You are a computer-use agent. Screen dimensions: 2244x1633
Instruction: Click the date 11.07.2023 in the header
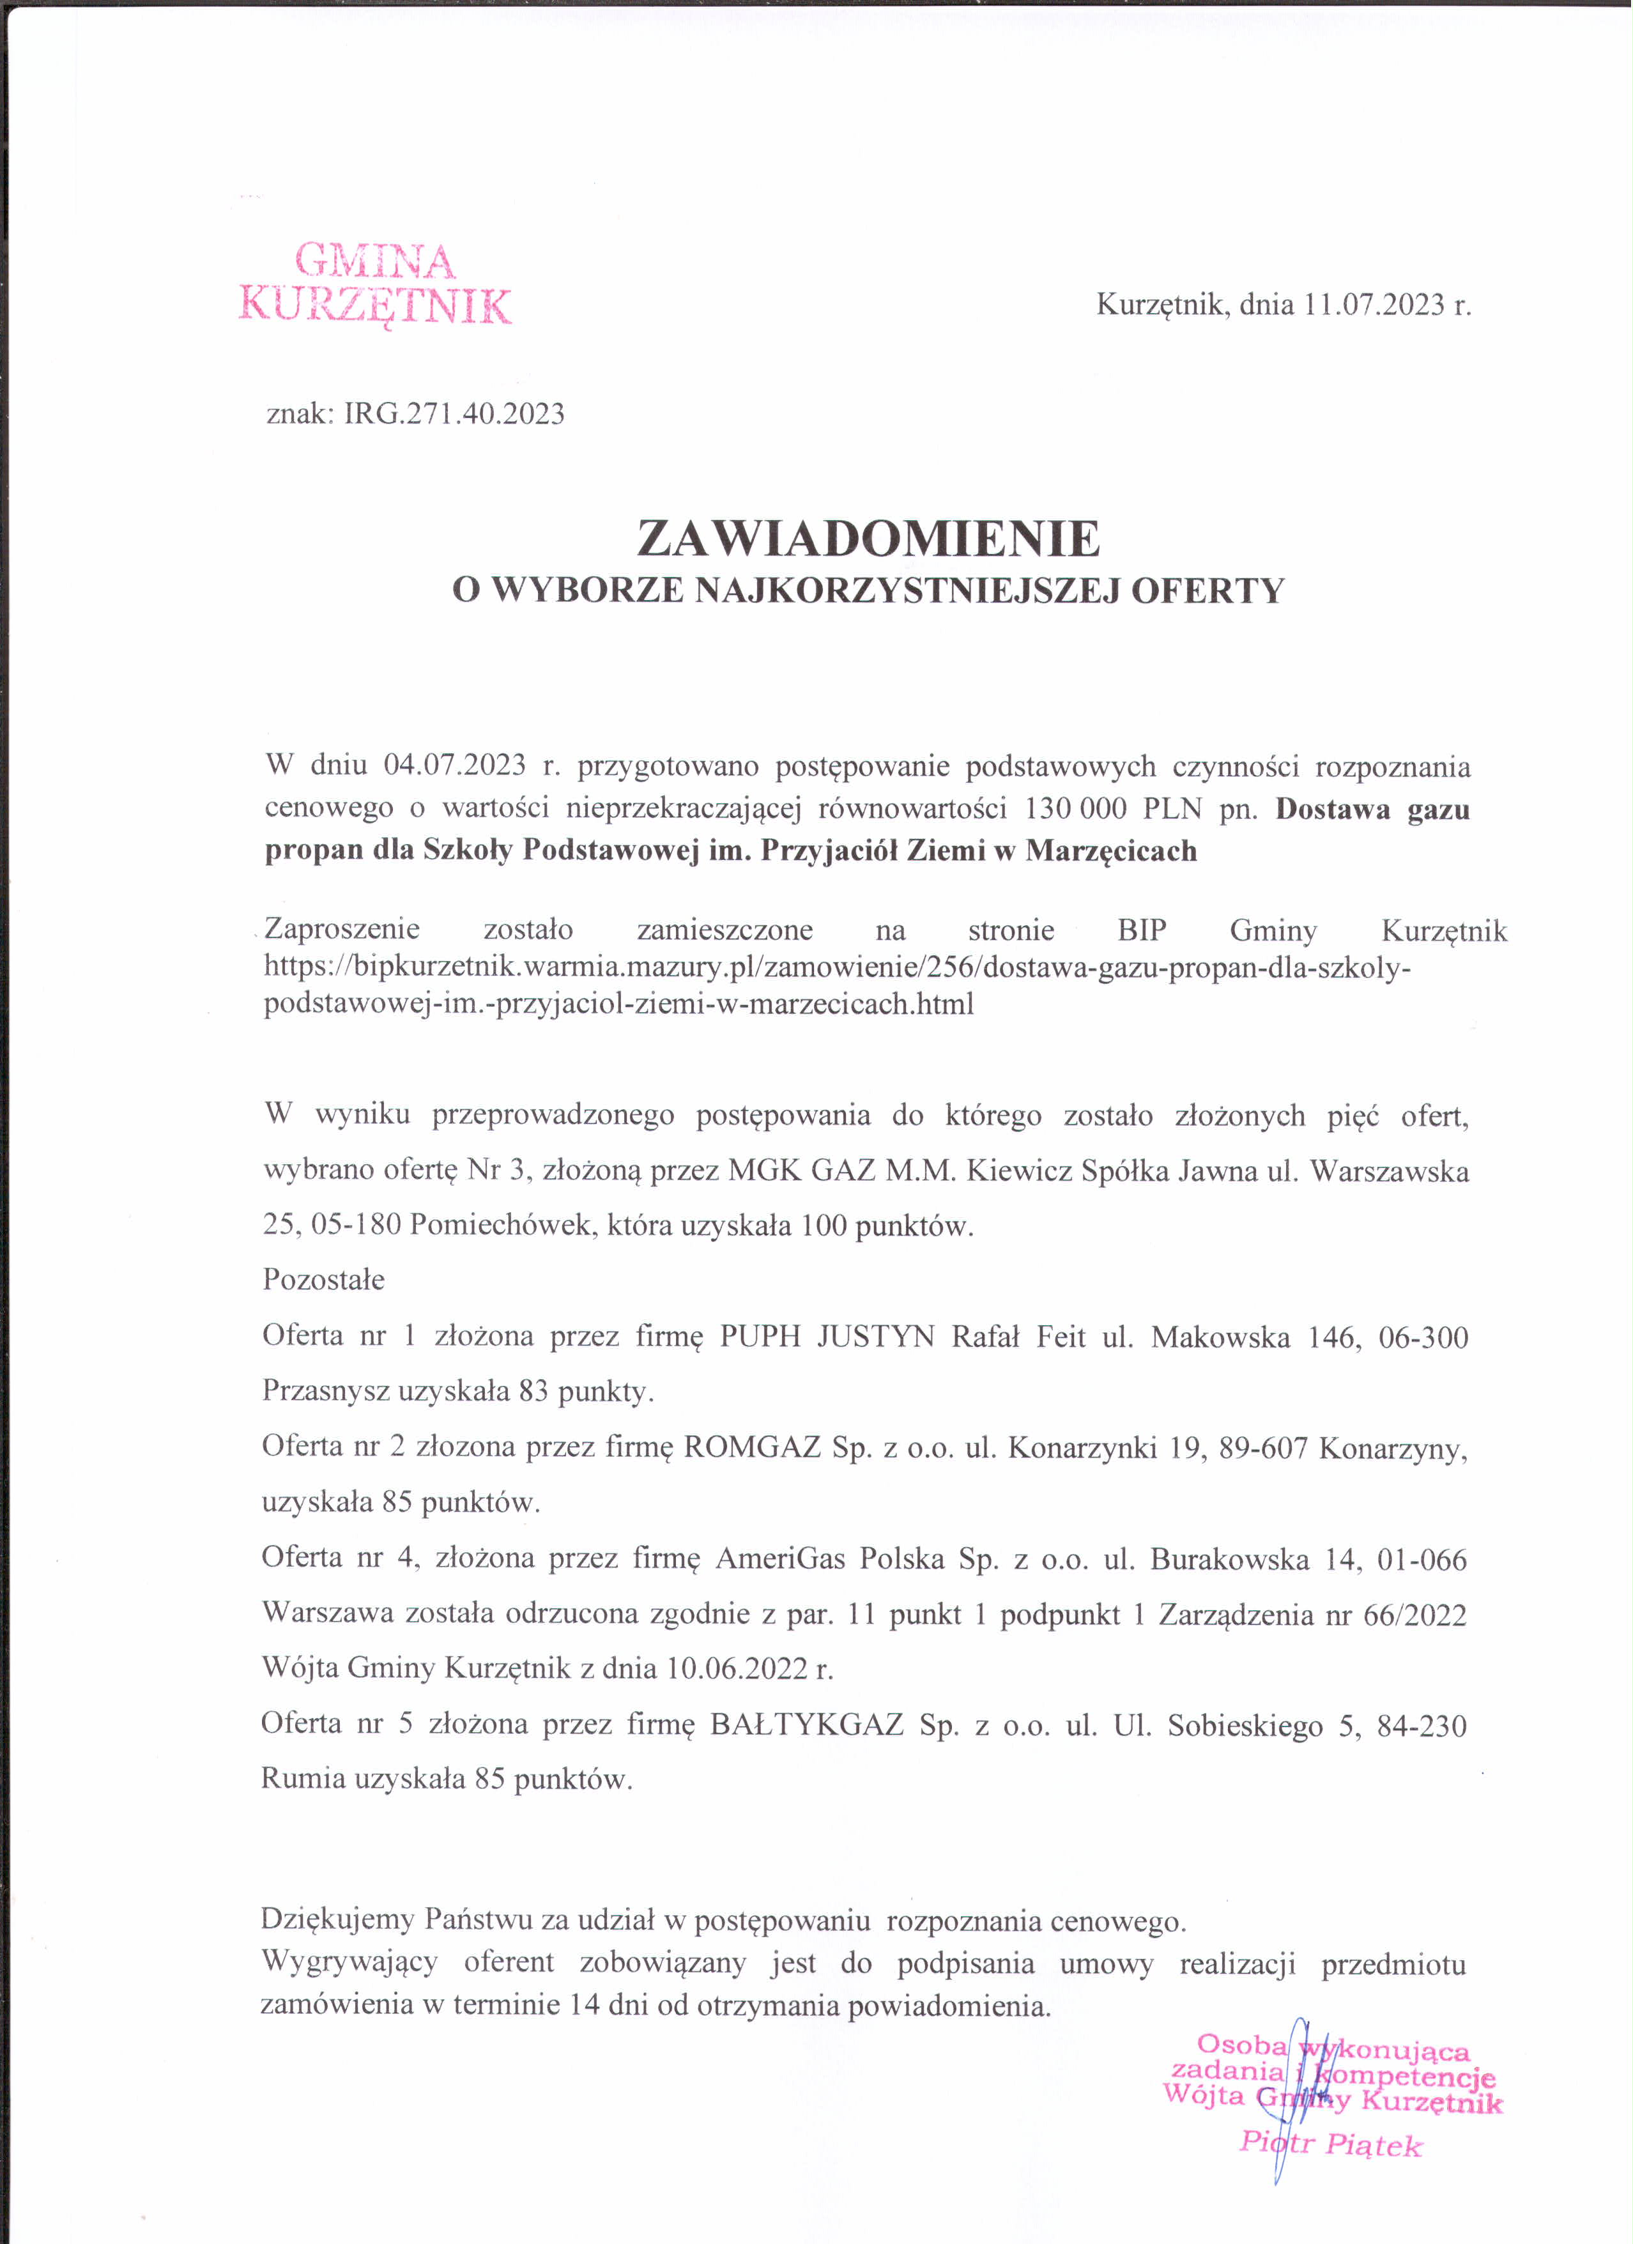click(1374, 305)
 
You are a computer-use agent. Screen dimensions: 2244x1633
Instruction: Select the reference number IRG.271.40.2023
click(454, 413)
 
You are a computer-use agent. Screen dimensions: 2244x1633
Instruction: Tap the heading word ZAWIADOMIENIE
click(868, 539)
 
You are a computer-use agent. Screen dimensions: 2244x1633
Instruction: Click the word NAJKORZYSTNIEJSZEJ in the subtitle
click(910, 592)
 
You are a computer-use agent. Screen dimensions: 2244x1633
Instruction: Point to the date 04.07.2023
click(455, 766)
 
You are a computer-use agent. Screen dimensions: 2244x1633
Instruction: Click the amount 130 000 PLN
click(1113, 808)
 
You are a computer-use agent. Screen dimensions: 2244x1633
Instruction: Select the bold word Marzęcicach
click(1111, 851)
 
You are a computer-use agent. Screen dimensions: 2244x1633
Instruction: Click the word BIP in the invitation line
click(1142, 930)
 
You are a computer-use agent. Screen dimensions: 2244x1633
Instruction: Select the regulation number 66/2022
click(1414, 1615)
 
